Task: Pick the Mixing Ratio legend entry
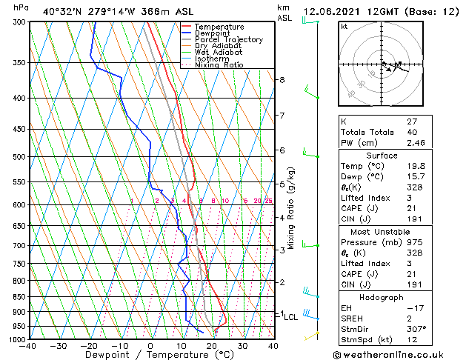point(219,65)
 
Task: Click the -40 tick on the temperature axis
point(28,346)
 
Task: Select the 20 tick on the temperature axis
point(212,346)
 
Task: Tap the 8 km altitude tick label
point(282,80)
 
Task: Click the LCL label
point(291,317)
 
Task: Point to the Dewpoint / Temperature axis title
point(150,355)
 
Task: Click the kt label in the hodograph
point(344,27)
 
